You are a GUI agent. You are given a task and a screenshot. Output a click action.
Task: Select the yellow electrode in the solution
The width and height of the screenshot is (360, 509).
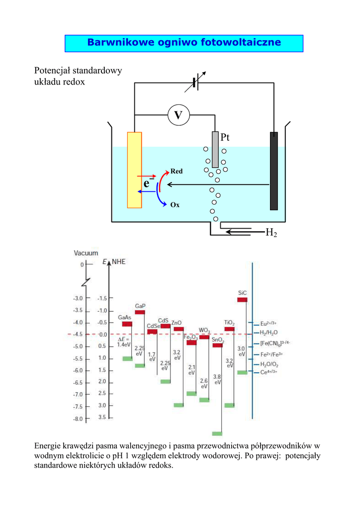[134, 170]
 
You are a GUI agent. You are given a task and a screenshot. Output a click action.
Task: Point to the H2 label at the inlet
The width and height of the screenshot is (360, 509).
[271, 232]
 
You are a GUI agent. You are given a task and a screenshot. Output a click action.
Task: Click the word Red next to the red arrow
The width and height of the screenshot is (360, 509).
[177, 171]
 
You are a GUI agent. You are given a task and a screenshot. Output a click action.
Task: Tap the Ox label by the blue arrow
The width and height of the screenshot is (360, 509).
[175, 205]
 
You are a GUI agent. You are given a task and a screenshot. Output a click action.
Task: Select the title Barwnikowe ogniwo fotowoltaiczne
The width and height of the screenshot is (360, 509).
[184, 43]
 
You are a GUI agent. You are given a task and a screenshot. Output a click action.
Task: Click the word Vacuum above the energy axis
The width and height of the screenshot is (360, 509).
[86, 253]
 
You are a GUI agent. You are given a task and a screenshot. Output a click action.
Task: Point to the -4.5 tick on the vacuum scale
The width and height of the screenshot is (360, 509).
[78, 335]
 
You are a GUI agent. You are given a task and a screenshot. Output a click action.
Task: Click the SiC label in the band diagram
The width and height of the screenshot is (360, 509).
[242, 293]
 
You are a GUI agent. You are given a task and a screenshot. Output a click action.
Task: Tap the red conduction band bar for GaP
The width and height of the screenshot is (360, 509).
[140, 312]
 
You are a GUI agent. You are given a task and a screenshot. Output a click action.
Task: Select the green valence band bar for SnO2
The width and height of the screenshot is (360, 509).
[217, 433]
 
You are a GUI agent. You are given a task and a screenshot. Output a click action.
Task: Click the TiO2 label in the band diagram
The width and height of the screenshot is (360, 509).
[229, 322]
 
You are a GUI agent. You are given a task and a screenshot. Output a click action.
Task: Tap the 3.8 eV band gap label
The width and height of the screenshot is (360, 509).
[217, 380]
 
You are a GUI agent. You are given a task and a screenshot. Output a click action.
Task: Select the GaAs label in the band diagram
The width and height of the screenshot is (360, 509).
[125, 317]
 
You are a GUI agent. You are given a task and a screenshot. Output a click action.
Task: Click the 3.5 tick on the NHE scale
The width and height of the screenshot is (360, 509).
[102, 418]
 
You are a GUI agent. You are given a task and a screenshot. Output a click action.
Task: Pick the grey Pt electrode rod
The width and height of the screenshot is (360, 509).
[215, 150]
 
